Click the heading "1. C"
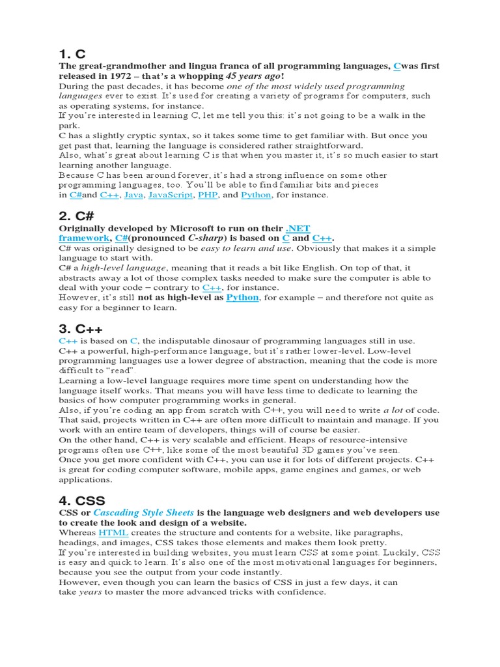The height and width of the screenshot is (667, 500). [x=72, y=53]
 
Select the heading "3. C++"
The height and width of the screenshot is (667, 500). [x=81, y=328]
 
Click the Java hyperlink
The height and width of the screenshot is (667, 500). [x=133, y=195]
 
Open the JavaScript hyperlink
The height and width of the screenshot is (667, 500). [x=171, y=195]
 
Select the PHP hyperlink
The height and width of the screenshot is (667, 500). [x=208, y=195]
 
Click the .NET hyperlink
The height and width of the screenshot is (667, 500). [x=298, y=229]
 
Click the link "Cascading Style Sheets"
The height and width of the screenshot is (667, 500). [x=144, y=513]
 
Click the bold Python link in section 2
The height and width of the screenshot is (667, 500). [x=242, y=298]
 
